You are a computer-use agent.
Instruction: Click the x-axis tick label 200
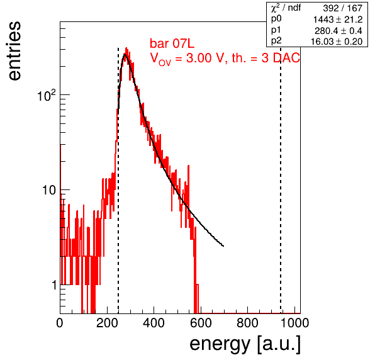click(107, 323)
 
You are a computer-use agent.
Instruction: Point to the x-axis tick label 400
click(154, 323)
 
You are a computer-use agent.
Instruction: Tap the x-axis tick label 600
click(201, 323)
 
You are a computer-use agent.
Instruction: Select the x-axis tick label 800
click(247, 323)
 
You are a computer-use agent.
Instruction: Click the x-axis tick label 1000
click(294, 323)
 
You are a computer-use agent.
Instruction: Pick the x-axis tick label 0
click(60, 323)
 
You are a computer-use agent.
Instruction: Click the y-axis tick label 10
click(49, 190)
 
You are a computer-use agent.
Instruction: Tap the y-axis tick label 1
click(54, 285)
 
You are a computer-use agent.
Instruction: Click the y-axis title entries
click(14, 51)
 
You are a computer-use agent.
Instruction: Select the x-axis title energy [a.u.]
click(245, 344)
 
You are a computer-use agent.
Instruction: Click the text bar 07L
click(172, 43)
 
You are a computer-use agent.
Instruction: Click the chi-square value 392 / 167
click(342, 8)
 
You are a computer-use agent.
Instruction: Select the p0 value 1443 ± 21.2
click(338, 20)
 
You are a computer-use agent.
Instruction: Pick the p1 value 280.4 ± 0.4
click(338, 31)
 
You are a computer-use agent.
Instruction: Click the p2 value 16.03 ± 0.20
click(337, 42)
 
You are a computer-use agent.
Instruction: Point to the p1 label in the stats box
click(276, 30)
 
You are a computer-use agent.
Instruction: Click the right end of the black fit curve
click(223, 246)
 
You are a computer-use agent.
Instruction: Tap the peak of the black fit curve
click(125, 54)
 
